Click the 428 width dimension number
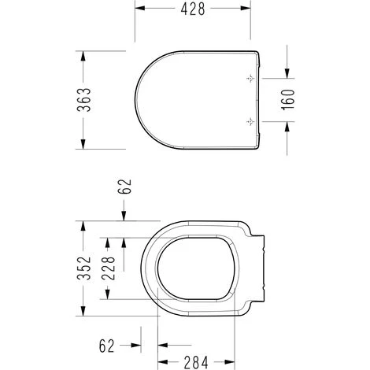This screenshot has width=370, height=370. tap(193, 9)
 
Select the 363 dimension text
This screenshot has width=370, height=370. tap(84, 100)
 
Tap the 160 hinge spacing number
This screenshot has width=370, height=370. tap(288, 100)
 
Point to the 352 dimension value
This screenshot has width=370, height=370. tap(84, 268)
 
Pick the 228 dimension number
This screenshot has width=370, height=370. tap(108, 268)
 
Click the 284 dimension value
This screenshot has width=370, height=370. tap(196, 362)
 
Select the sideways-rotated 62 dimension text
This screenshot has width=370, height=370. tap(124, 187)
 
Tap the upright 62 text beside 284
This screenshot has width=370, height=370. tap(107, 346)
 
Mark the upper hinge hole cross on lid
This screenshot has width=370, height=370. tap(251, 78)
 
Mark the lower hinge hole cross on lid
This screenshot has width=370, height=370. tap(251, 121)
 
